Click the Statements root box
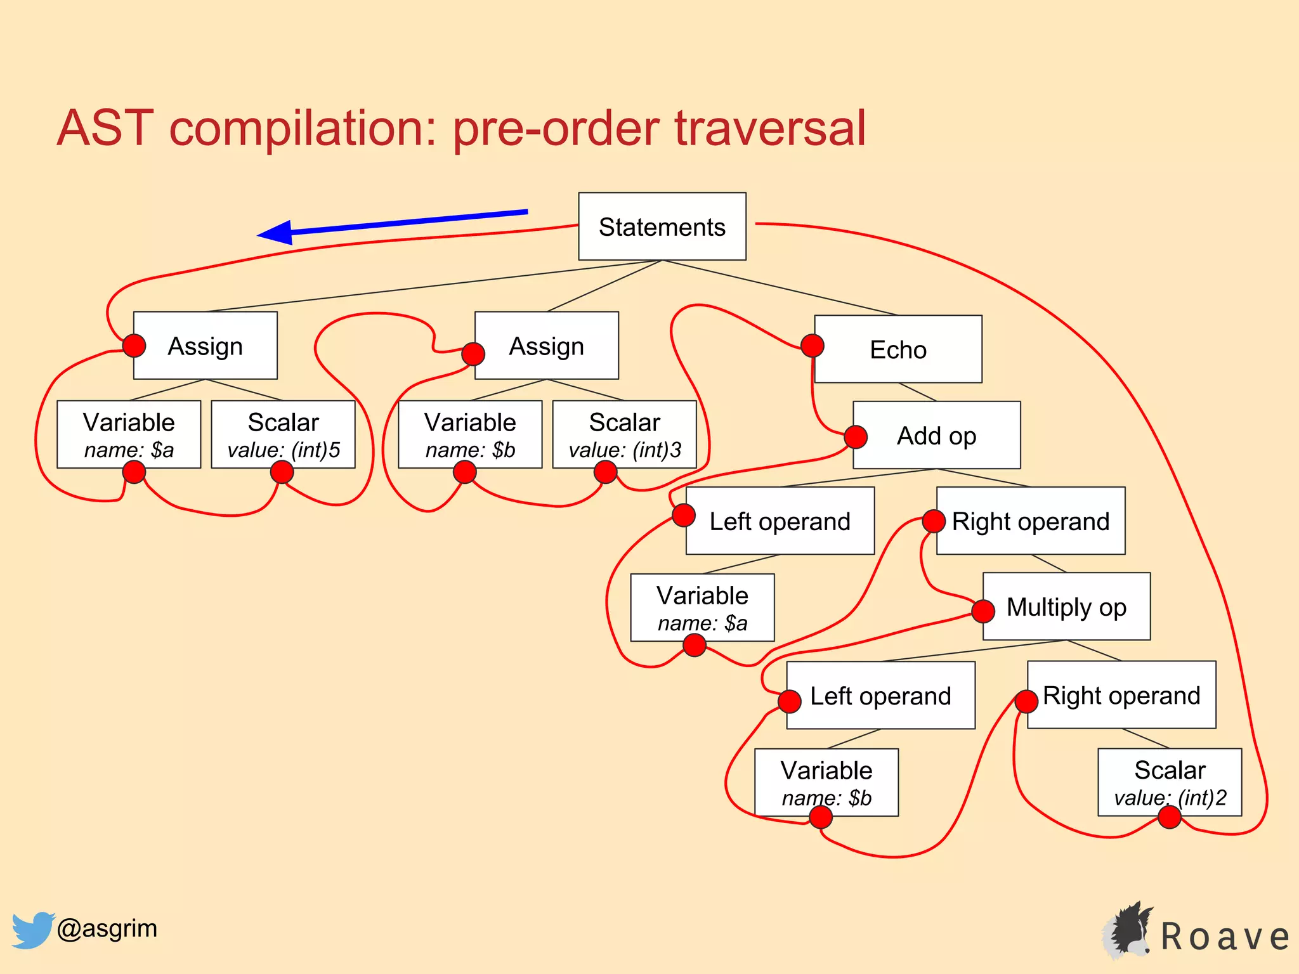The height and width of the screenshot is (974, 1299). [662, 226]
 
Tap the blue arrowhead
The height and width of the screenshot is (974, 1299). [277, 233]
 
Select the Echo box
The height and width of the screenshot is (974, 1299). [898, 349]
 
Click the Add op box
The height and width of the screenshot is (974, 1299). [936, 436]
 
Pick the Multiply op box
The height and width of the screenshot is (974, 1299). [1066, 607]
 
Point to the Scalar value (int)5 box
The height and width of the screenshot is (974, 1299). [283, 434]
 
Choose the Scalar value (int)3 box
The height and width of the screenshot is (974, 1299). [624, 434]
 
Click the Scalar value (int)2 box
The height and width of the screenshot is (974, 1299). [1170, 782]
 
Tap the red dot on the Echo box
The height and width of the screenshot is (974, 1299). [813, 346]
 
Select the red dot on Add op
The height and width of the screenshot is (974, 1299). [856, 436]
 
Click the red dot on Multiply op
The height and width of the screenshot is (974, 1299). [983, 611]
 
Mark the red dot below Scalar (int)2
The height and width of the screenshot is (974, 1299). [1170, 817]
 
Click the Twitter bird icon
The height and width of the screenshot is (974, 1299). [32, 930]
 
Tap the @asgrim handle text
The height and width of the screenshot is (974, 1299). [107, 928]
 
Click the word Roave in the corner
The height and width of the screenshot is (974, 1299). [1224, 937]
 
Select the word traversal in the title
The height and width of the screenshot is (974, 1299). [770, 129]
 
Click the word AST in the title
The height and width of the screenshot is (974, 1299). [105, 129]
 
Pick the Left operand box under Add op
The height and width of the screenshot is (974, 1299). [780, 521]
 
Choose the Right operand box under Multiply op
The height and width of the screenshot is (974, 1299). [1121, 695]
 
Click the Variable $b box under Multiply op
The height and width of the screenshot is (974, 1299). [826, 782]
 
